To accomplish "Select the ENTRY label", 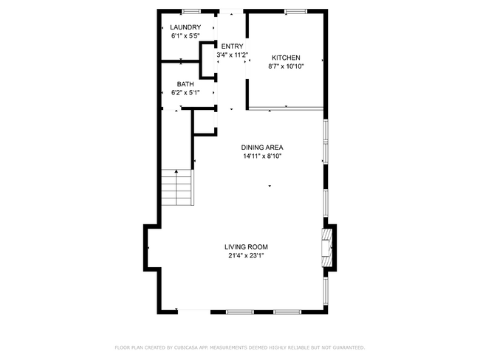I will point(231,46).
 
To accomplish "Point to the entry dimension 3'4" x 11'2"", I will point(231,55).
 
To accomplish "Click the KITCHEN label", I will point(286,58).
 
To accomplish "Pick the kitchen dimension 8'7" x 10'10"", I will point(286,66).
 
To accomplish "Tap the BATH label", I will point(185,84).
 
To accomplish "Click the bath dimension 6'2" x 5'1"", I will point(185,93).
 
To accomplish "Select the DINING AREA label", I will point(262,148).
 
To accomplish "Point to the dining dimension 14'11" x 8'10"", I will point(262,156).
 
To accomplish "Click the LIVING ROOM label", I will point(246,247).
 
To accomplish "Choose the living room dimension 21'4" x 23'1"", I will point(246,255).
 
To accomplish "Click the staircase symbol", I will point(176,188).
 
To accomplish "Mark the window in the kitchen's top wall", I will point(296,11).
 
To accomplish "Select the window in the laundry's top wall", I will point(191,11).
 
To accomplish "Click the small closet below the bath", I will point(205,122).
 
